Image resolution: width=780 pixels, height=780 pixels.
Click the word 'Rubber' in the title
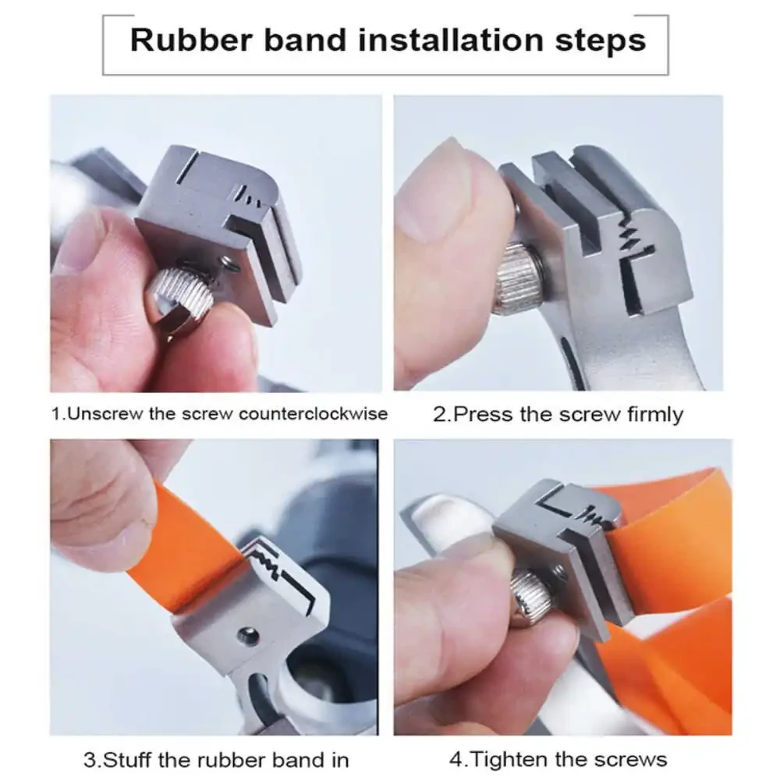pyautogui.click(x=191, y=40)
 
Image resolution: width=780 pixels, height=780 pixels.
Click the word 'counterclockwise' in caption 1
pyautogui.click(x=313, y=414)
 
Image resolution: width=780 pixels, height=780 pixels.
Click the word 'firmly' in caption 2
pyautogui.click(x=655, y=415)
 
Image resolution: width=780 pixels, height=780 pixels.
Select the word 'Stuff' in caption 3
pyautogui.click(x=126, y=760)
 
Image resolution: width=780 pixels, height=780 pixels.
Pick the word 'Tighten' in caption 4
pyautogui.click(x=509, y=760)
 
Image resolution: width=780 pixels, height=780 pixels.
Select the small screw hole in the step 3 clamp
pyautogui.click(x=248, y=635)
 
